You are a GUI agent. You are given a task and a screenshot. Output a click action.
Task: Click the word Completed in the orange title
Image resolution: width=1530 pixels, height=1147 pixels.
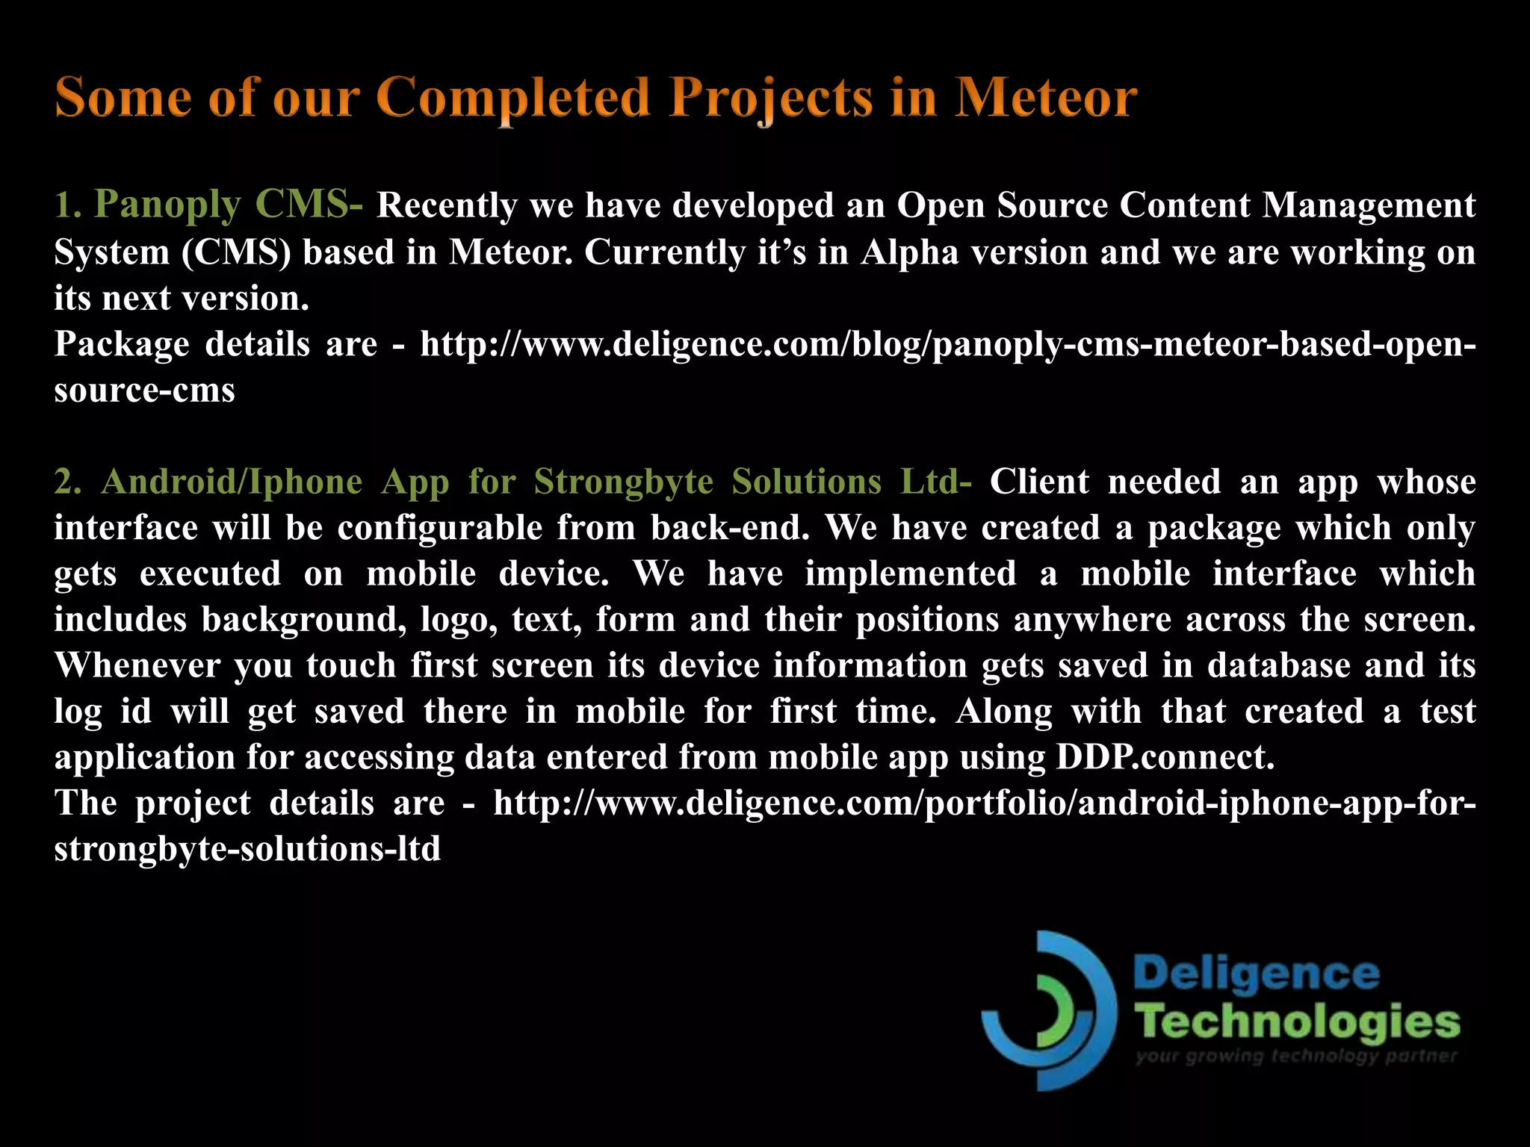coord(513,98)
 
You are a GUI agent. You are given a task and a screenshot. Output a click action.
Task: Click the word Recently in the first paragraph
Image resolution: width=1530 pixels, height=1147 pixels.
coord(446,205)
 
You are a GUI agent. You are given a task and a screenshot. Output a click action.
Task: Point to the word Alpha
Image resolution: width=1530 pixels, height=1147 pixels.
coord(909,252)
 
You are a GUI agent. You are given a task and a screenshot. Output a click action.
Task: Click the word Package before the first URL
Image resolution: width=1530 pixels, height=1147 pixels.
coord(122,344)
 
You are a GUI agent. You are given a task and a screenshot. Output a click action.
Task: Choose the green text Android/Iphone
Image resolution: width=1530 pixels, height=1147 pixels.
coord(232,482)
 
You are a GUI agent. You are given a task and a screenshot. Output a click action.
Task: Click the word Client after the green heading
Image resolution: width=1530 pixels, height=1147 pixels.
coord(1039,482)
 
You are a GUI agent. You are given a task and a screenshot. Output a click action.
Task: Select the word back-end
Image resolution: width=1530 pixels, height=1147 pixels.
coord(730,528)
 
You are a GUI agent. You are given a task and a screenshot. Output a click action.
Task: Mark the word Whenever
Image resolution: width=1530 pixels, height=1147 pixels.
coord(136,665)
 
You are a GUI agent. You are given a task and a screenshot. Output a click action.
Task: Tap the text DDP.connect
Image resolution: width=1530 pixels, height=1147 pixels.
coord(1165,758)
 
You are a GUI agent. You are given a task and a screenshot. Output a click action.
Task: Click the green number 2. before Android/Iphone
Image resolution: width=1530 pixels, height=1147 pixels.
coord(67,482)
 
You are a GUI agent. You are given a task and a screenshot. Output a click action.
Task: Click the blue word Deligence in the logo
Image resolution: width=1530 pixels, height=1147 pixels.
coord(1256,974)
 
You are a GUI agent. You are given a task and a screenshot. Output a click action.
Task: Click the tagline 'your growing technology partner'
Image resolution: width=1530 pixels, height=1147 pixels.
coord(1296,1056)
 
